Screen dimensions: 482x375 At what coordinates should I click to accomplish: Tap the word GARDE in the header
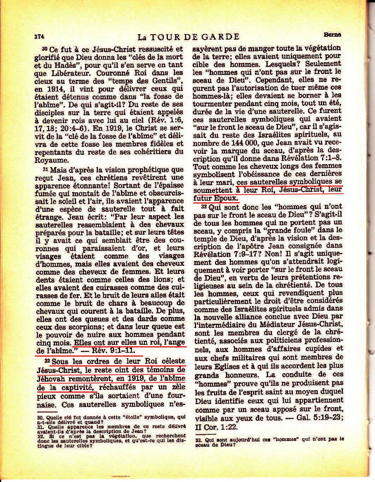pyautogui.click(x=223, y=36)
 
